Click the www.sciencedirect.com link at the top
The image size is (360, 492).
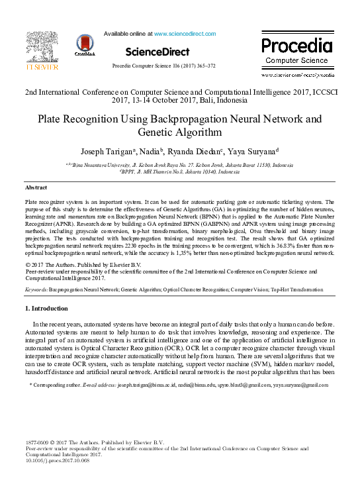pos(180,32)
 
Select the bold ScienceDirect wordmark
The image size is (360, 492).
pos(157,52)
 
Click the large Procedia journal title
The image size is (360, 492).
pos(297,46)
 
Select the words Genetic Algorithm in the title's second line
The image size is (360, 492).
pos(179,133)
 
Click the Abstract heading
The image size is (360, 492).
pos(35,188)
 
